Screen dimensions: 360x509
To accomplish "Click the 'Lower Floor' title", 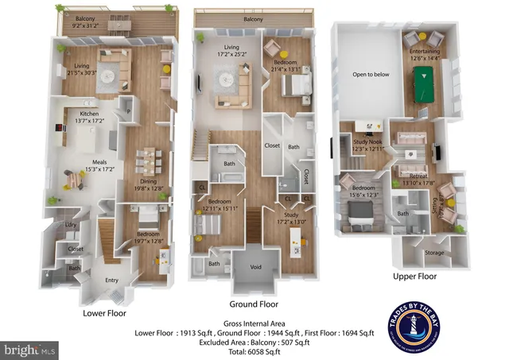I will [x=106, y=312].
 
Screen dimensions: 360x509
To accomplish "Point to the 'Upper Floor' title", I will [x=414, y=277].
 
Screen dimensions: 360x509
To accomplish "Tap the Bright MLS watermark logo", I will [x=30, y=349].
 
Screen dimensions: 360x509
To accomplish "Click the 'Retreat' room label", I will [x=418, y=176].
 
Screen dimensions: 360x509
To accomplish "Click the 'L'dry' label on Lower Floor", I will [x=71, y=225].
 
